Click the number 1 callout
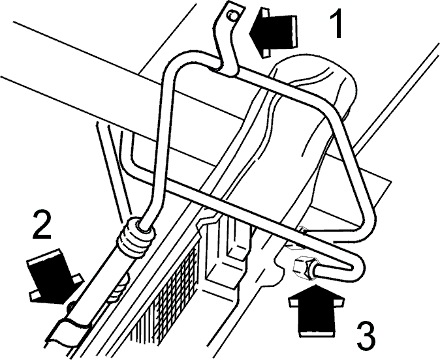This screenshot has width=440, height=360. point(336,23)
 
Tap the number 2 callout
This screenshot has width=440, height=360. point(42,225)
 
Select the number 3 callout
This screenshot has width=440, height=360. point(366,336)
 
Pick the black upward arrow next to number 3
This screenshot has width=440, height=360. point(316,310)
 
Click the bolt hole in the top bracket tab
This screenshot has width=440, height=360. point(232,16)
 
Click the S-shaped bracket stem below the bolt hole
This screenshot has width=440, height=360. point(225,49)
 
